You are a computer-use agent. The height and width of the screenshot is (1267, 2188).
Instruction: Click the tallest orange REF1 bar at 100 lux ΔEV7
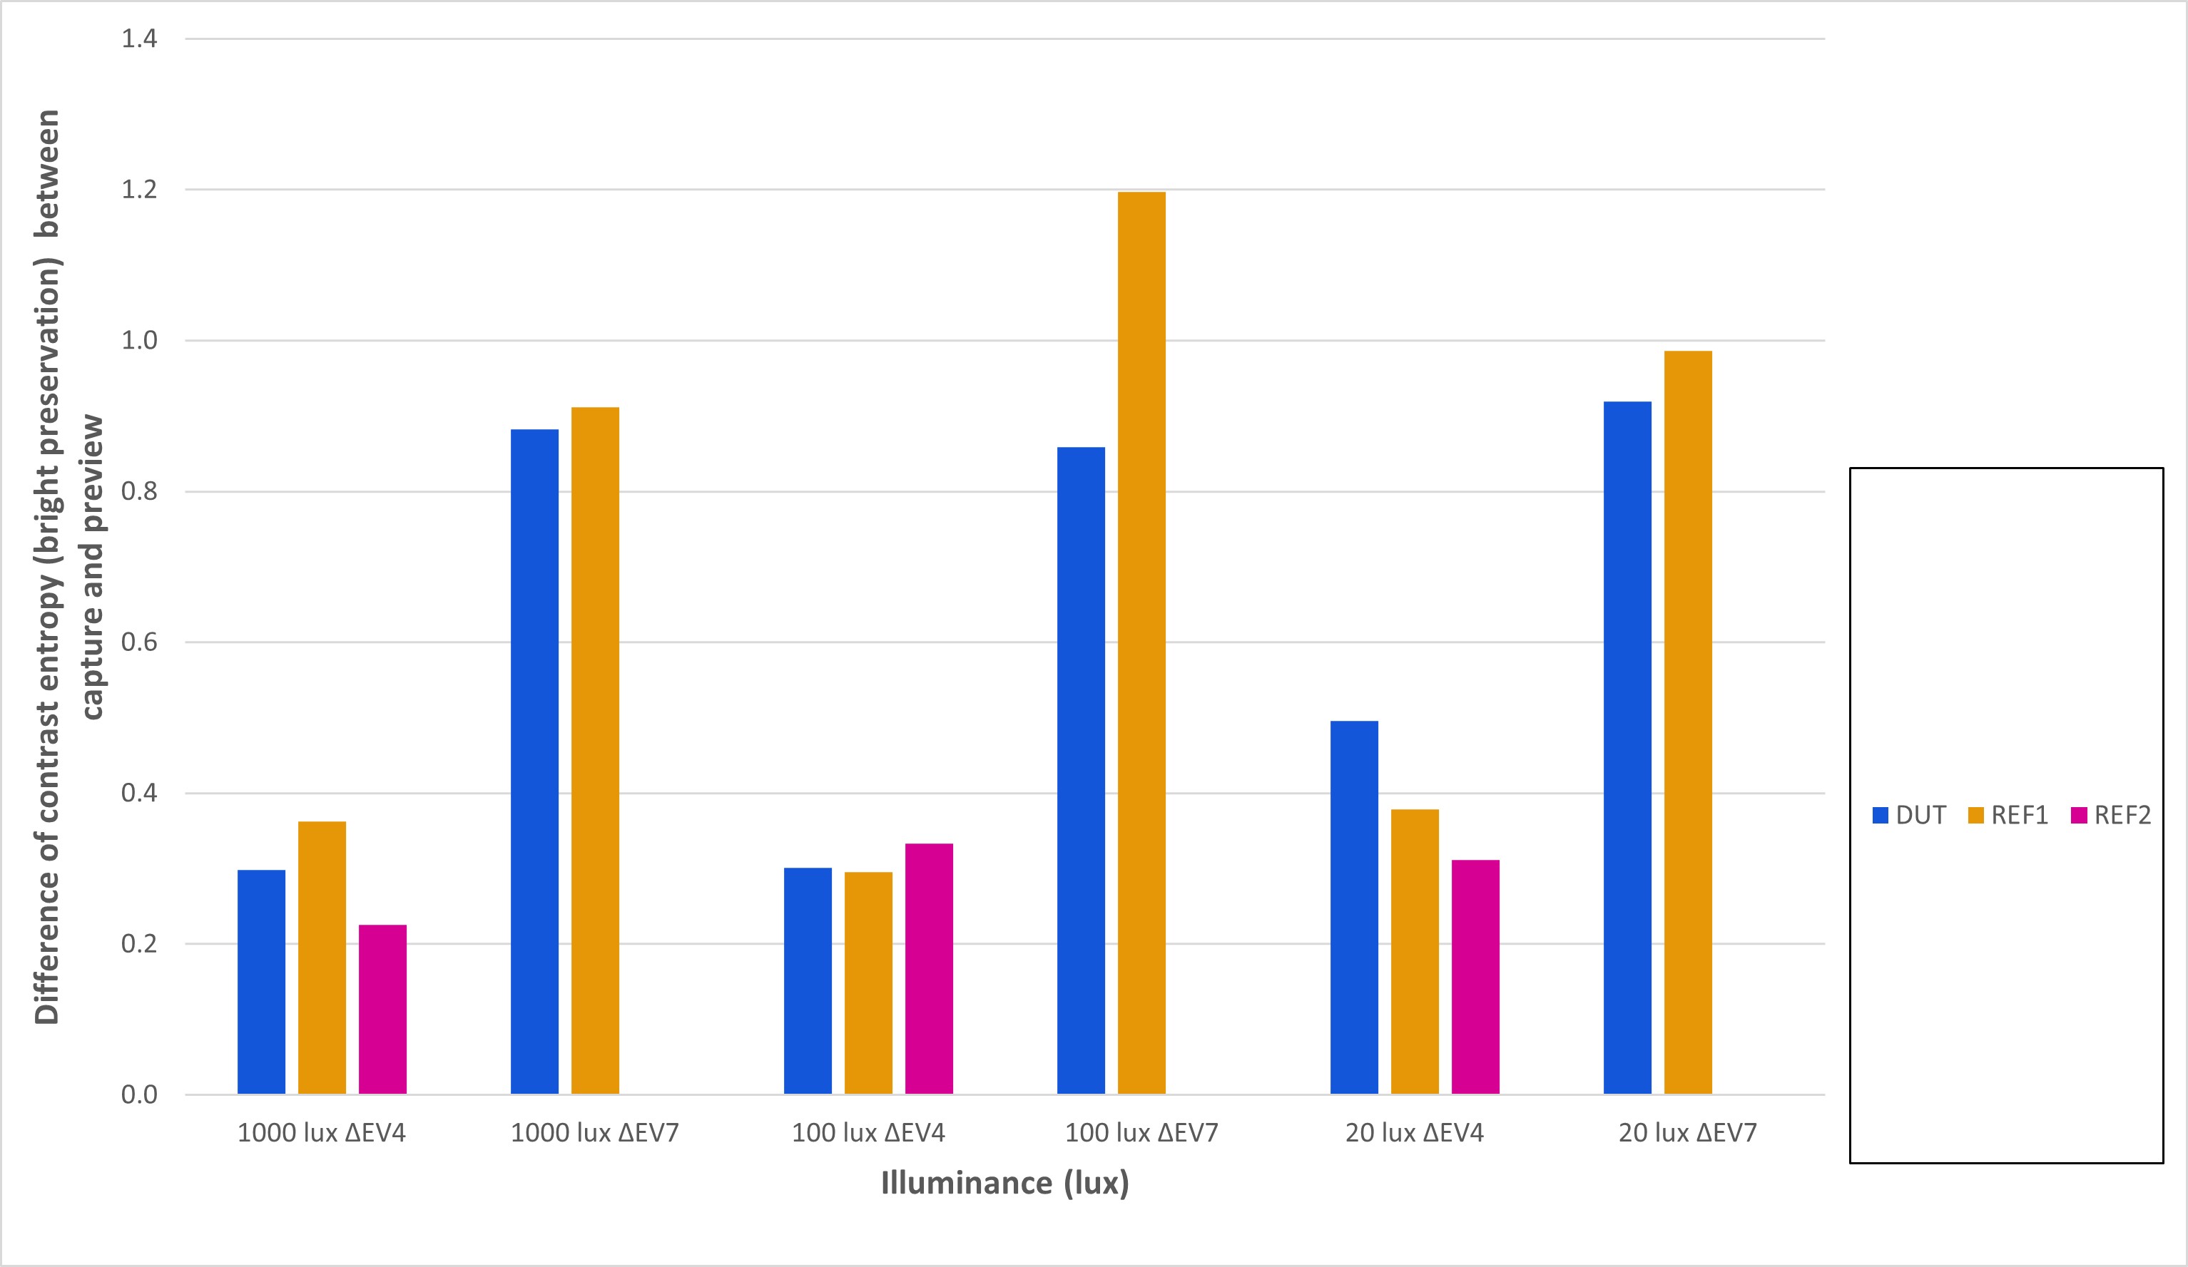point(1141,642)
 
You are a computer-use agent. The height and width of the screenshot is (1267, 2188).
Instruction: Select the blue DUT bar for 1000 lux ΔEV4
point(261,982)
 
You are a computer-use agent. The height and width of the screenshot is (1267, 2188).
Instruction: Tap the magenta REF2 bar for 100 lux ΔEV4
point(929,968)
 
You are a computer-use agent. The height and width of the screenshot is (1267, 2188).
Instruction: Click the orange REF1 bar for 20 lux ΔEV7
point(1688,722)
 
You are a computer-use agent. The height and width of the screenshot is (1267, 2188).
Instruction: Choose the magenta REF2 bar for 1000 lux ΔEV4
point(383,1010)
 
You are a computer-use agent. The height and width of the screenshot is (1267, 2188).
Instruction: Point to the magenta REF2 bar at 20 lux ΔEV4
point(1475,976)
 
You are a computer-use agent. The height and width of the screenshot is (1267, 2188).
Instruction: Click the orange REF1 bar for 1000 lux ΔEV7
point(595,750)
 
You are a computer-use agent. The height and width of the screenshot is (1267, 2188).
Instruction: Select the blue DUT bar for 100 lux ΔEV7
point(1081,770)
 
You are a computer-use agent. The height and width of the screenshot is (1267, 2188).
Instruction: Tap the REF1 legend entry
point(2008,815)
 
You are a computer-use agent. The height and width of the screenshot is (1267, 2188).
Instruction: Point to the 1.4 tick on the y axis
point(139,39)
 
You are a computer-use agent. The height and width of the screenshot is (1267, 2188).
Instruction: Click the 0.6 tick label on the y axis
point(139,642)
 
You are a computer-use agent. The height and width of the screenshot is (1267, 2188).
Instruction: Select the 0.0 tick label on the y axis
point(139,1094)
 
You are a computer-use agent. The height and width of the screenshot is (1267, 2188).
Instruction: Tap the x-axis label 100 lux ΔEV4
point(868,1132)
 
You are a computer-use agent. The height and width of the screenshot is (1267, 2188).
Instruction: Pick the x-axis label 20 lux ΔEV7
point(1688,1132)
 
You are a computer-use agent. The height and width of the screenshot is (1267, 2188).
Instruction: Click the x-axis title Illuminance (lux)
point(1004,1183)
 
